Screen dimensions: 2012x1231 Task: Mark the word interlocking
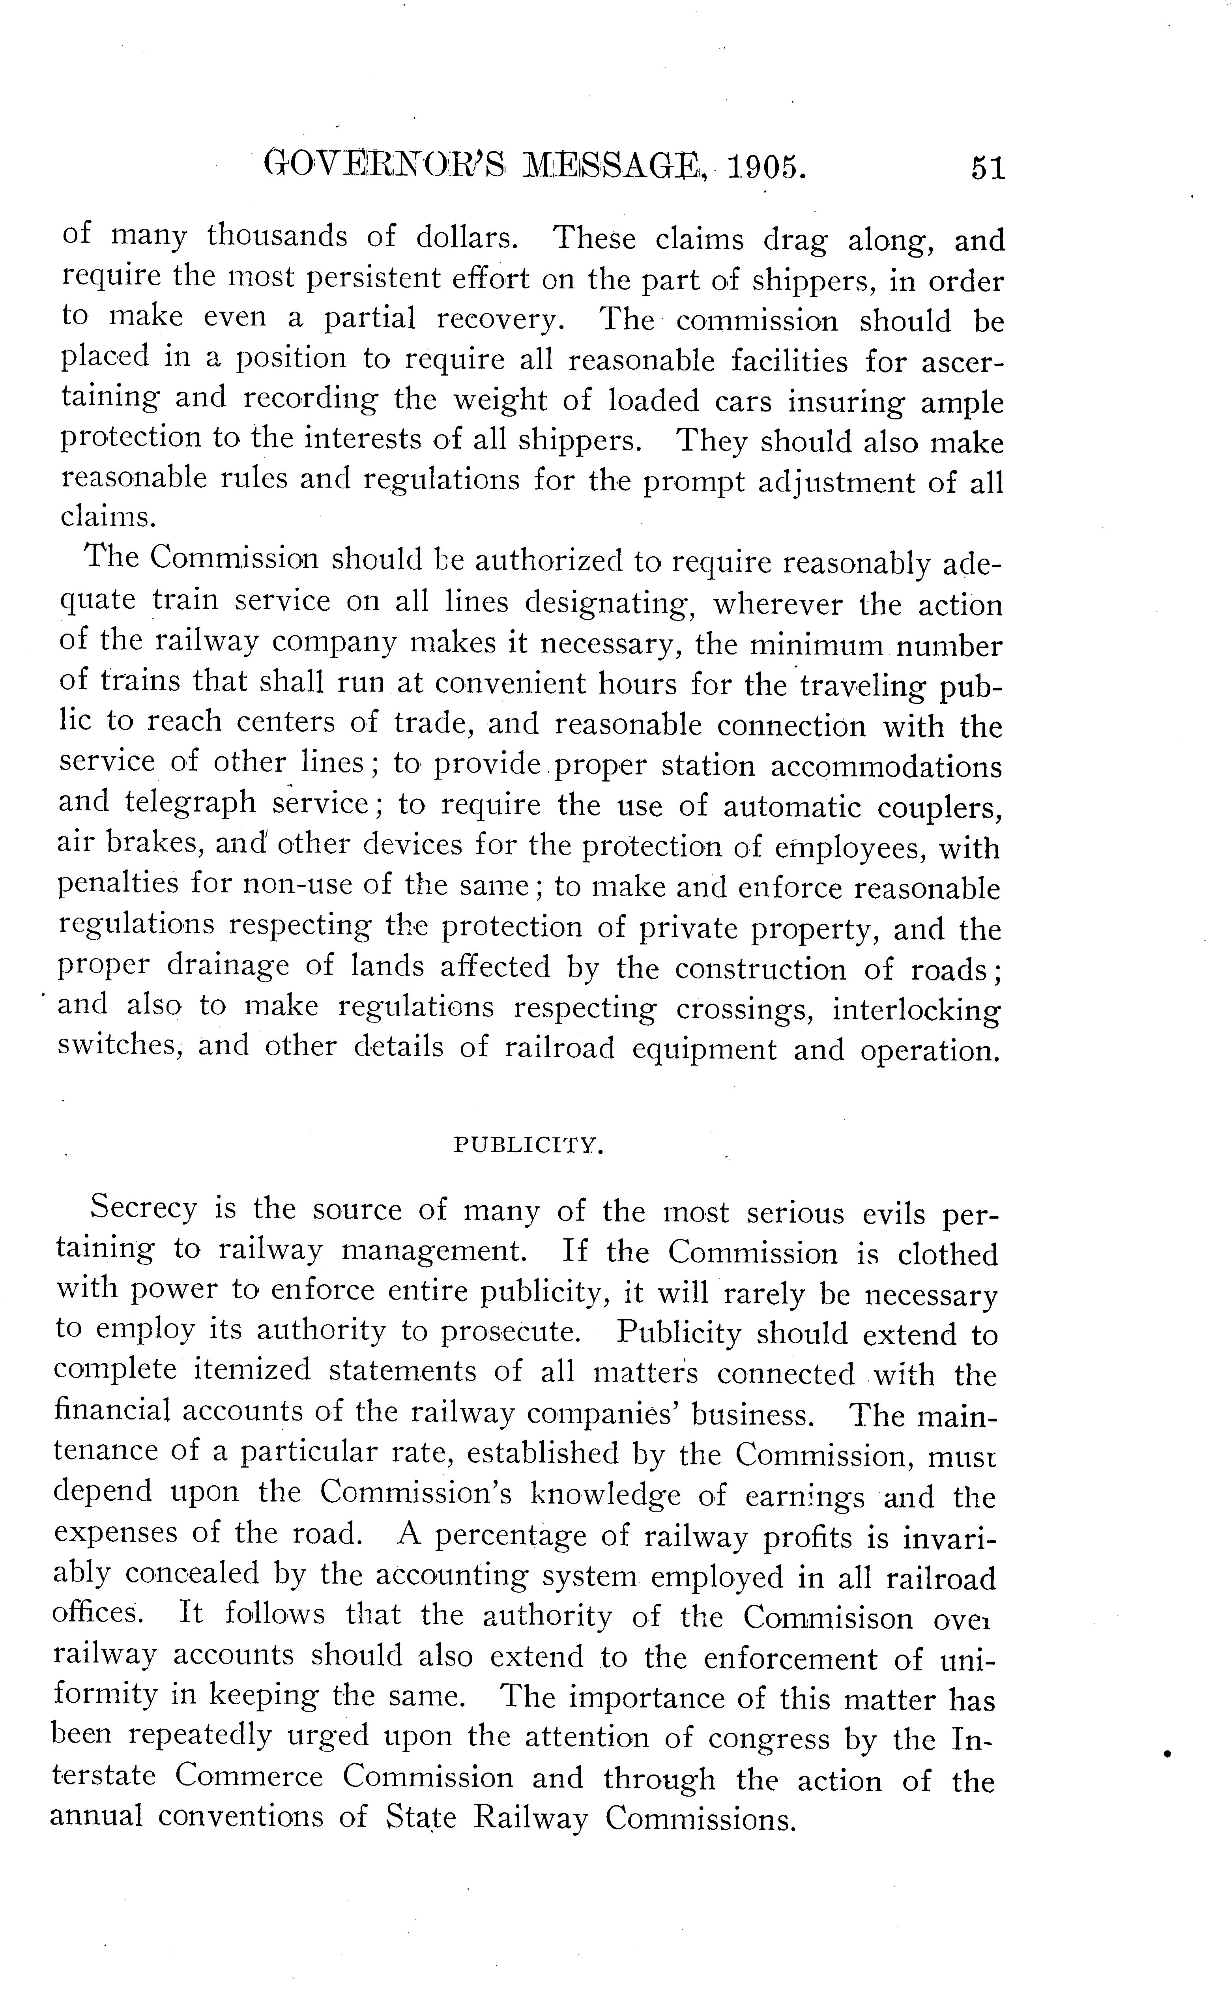coord(915,1009)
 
